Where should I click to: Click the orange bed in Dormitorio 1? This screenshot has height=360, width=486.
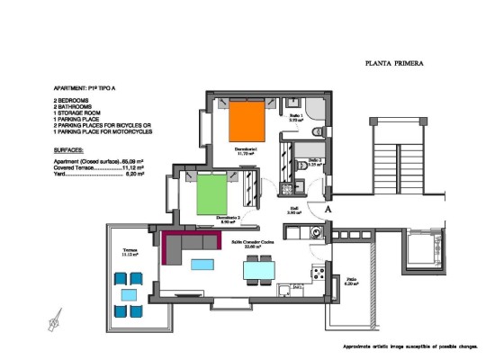pos(245,121)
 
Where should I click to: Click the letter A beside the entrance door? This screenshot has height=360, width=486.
pos(328,208)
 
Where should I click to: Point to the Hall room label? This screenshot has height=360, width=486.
pos(294,210)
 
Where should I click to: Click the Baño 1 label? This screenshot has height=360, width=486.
pos(295,117)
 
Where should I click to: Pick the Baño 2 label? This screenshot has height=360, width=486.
pos(314,164)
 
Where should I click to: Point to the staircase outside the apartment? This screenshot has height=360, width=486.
pos(397,163)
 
